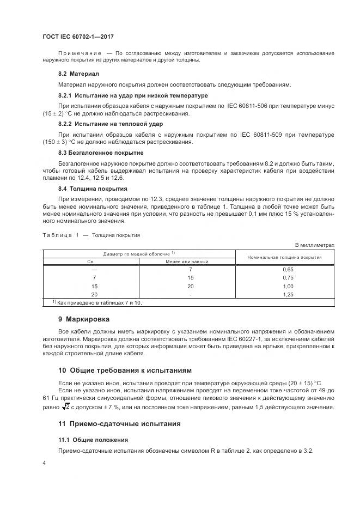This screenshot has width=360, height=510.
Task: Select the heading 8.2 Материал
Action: tap(78, 74)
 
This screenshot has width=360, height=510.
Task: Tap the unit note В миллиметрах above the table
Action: tap(314, 245)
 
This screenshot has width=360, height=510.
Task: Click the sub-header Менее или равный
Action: tap(187, 262)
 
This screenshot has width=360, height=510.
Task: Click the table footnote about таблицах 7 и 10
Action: tap(96, 302)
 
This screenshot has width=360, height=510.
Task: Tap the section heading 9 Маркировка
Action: tap(83, 319)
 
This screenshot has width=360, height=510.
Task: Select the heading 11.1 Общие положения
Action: tap(93, 440)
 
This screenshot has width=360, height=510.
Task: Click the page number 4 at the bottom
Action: tap(45, 463)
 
